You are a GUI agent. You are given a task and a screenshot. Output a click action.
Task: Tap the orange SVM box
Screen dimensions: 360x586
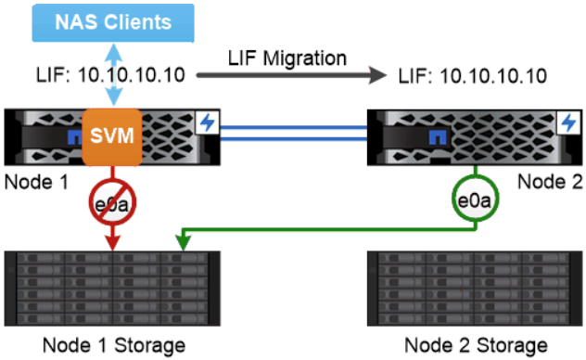[110, 137]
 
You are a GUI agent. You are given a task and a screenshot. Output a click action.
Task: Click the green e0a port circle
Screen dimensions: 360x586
[476, 199]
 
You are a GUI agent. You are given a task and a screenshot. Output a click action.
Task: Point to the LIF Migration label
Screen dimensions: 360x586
[287, 58]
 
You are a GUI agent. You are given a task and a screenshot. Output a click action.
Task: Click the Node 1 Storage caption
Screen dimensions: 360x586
[113, 345]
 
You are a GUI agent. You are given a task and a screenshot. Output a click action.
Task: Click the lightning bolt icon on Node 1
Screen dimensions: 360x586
[208, 122]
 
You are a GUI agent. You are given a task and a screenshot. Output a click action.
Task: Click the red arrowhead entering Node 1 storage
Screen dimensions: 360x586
[110, 243]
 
